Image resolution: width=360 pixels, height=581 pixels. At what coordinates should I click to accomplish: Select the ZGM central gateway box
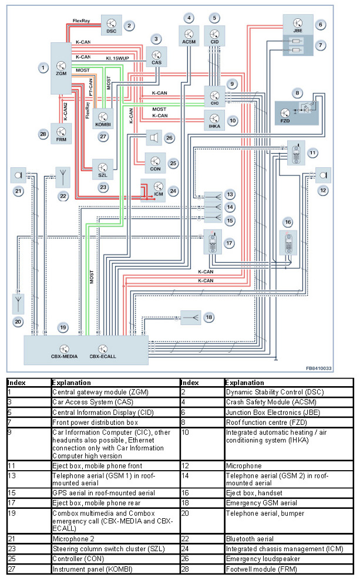point(61,68)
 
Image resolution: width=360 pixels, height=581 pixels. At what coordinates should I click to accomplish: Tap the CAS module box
point(156,56)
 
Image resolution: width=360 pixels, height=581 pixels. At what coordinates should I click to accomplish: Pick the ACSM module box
point(189,36)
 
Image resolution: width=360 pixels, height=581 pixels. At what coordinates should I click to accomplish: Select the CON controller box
point(156,161)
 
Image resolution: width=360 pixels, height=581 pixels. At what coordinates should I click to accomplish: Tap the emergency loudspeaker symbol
point(153,139)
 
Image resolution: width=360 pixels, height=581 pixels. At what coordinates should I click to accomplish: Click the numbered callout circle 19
point(62,326)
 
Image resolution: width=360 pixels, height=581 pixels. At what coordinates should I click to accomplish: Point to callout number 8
point(298,92)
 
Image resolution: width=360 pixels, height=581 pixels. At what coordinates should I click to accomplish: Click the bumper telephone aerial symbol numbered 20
point(19,303)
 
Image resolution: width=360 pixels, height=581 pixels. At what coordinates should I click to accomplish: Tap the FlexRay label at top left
point(81,21)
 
